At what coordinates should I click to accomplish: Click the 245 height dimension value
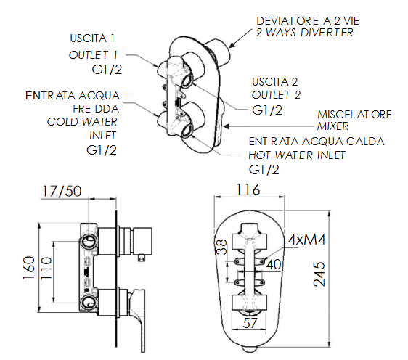pyautogui.click(x=319, y=274)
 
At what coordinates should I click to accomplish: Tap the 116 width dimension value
pyautogui.click(x=248, y=189)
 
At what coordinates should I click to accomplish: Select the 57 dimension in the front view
pyautogui.click(x=250, y=323)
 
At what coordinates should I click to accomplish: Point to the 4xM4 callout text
pyautogui.click(x=306, y=240)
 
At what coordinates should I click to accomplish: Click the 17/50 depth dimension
pyautogui.click(x=62, y=191)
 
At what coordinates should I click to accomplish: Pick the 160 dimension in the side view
pyautogui.click(x=29, y=268)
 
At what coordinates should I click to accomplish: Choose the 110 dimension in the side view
pyautogui.click(x=47, y=268)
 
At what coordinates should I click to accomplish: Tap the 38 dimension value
pyautogui.click(x=221, y=247)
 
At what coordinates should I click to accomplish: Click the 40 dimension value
pyautogui.click(x=274, y=265)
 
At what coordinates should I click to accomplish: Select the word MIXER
pyautogui.click(x=333, y=126)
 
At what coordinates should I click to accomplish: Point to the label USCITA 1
pyautogui.click(x=92, y=38)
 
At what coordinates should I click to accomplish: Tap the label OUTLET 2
pyautogui.click(x=276, y=94)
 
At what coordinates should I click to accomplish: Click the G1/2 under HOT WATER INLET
pyautogui.click(x=264, y=170)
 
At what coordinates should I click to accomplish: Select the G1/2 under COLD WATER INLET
pyautogui.click(x=102, y=150)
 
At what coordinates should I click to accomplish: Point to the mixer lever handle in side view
pyautogui.click(x=139, y=319)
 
